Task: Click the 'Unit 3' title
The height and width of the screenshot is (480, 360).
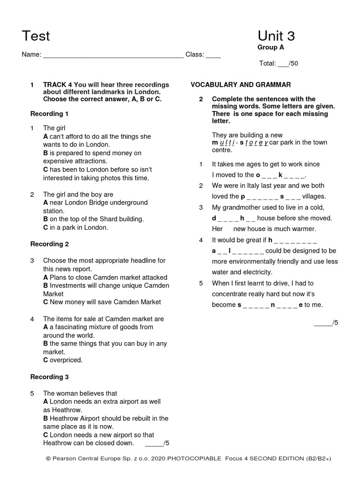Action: [x=276, y=36]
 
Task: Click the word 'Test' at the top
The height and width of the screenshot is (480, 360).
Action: [x=36, y=36]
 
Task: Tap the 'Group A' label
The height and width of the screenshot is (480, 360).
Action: [x=270, y=47]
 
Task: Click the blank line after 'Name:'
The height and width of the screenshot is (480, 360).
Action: [x=113, y=55]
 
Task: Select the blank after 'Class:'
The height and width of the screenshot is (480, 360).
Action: [x=213, y=55]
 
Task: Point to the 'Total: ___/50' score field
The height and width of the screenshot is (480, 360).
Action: [x=278, y=64]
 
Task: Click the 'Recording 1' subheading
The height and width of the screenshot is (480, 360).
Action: [x=50, y=114]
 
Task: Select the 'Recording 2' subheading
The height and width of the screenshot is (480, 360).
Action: [x=50, y=244]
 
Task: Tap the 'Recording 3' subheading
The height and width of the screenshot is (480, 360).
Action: [x=50, y=377]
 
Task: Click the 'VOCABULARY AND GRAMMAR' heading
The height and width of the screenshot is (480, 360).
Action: [x=240, y=85]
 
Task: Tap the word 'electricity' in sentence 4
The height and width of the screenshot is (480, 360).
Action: [x=255, y=272]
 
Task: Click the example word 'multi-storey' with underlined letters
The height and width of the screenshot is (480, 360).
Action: [x=240, y=142]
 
